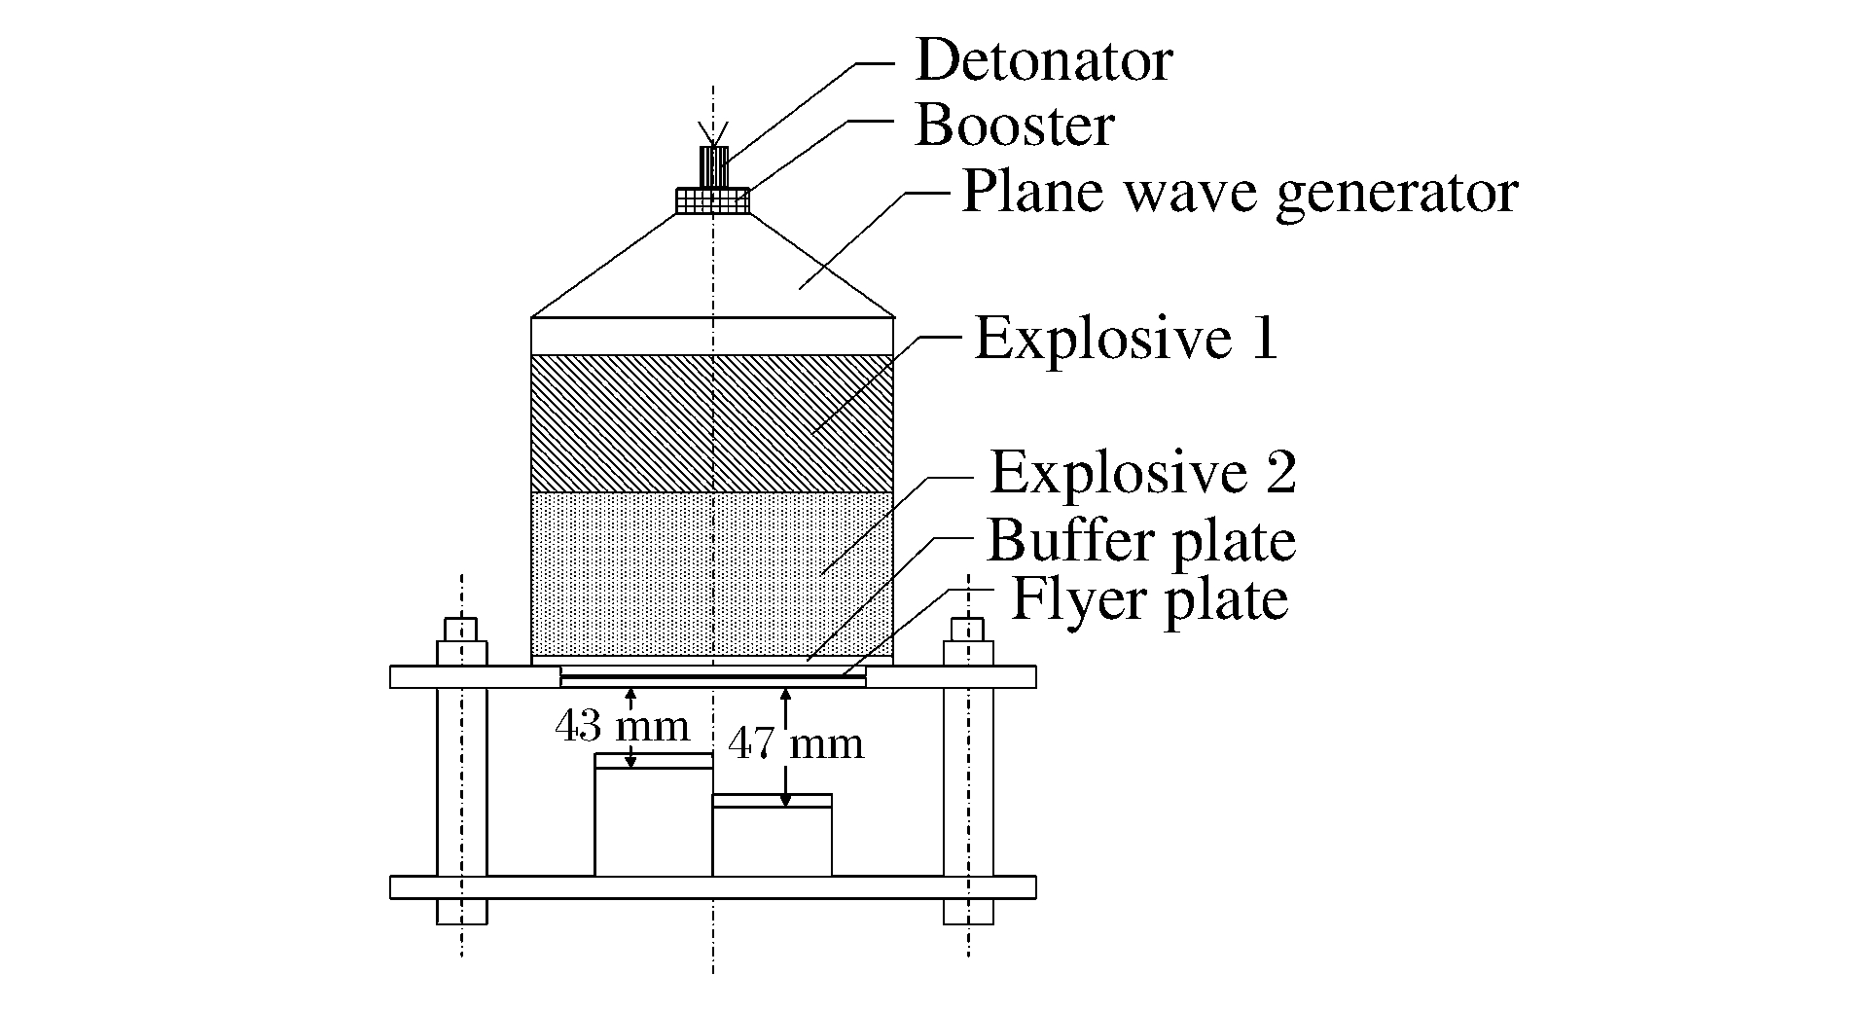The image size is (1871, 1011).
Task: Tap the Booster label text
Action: click(1015, 126)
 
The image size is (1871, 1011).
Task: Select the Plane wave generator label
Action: click(1239, 192)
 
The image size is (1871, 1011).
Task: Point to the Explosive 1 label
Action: click(1126, 339)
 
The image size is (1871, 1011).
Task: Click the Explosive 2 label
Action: click(1142, 474)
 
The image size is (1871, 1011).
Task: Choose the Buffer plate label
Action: click(1141, 540)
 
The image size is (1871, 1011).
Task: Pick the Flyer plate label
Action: click(1150, 599)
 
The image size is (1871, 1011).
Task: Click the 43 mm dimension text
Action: click(622, 726)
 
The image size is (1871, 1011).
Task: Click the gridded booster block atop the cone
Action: click(713, 200)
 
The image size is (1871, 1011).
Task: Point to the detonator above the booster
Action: click(715, 165)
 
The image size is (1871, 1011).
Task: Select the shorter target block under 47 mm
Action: click(773, 837)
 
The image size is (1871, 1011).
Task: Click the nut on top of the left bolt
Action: click(462, 642)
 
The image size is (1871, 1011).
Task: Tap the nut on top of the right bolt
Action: click(968, 642)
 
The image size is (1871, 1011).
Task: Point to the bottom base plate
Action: click(712, 887)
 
